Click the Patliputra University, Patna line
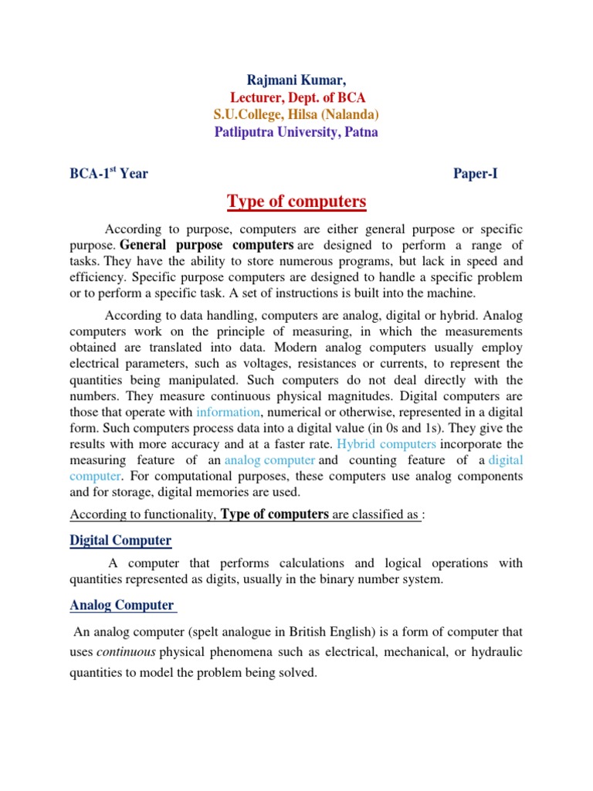[x=296, y=132]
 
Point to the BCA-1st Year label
[x=109, y=173]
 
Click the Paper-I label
[x=475, y=173]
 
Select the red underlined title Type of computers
[x=296, y=202]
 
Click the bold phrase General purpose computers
[x=206, y=245]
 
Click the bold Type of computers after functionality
[x=275, y=514]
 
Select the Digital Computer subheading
[x=120, y=540]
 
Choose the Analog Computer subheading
[x=122, y=605]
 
